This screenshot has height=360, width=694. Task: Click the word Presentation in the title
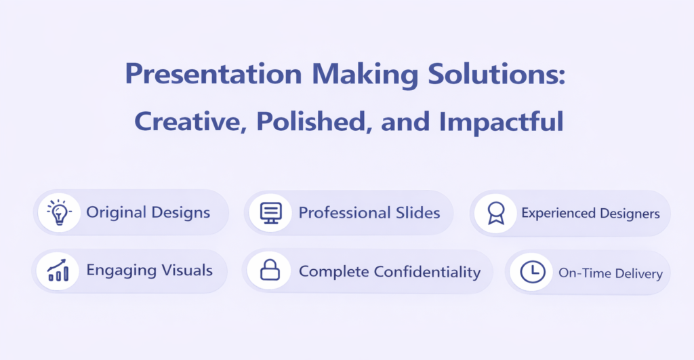tap(213, 74)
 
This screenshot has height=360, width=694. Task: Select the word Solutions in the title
tap(493, 74)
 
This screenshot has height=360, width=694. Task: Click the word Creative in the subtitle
tap(190, 121)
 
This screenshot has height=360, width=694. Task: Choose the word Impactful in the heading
tap(501, 122)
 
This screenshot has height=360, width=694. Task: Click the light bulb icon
tap(59, 213)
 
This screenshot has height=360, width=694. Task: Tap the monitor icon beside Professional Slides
tap(270, 213)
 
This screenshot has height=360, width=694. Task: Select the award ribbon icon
tap(495, 214)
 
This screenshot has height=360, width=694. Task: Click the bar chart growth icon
tap(58, 271)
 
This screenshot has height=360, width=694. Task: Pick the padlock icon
tap(270, 270)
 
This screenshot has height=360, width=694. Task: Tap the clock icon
tap(533, 272)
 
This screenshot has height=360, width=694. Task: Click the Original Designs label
tap(148, 213)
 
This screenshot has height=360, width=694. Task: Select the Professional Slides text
tap(369, 213)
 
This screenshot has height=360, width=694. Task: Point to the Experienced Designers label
tap(590, 214)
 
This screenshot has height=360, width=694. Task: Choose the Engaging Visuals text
tap(150, 271)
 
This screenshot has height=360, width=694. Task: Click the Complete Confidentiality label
tap(390, 272)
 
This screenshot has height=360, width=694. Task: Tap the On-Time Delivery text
tap(611, 273)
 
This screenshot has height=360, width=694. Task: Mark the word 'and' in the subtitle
tap(405, 122)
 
